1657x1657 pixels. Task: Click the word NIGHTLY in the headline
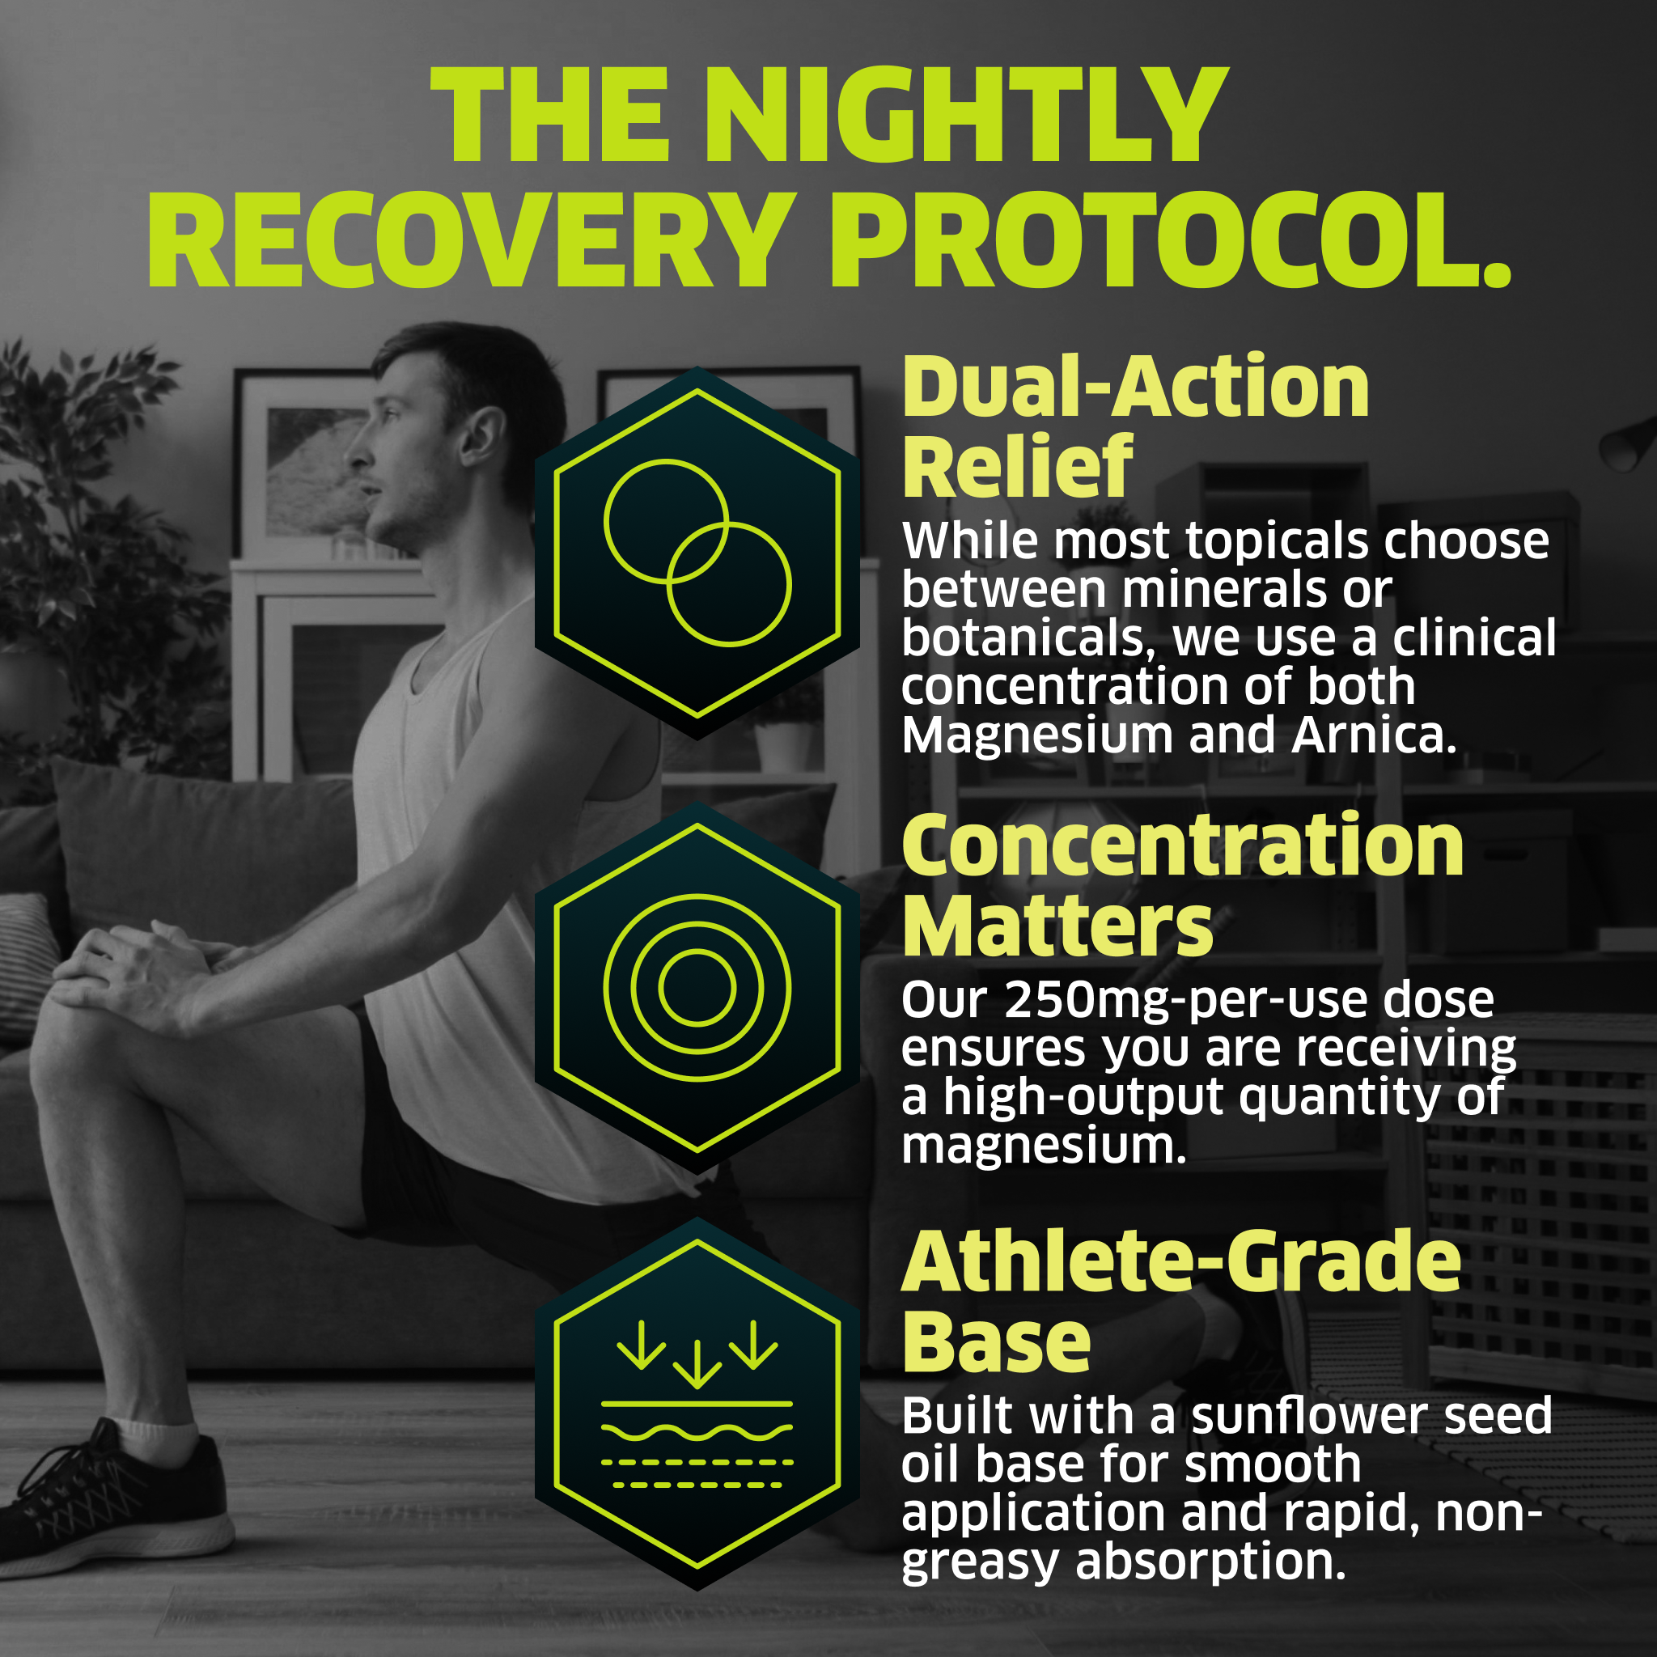pos(967,114)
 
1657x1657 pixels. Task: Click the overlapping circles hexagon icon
pos(697,553)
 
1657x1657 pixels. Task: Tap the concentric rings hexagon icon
pos(697,987)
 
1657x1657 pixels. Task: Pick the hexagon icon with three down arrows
pos(697,1404)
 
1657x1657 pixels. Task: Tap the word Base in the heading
pos(996,1341)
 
